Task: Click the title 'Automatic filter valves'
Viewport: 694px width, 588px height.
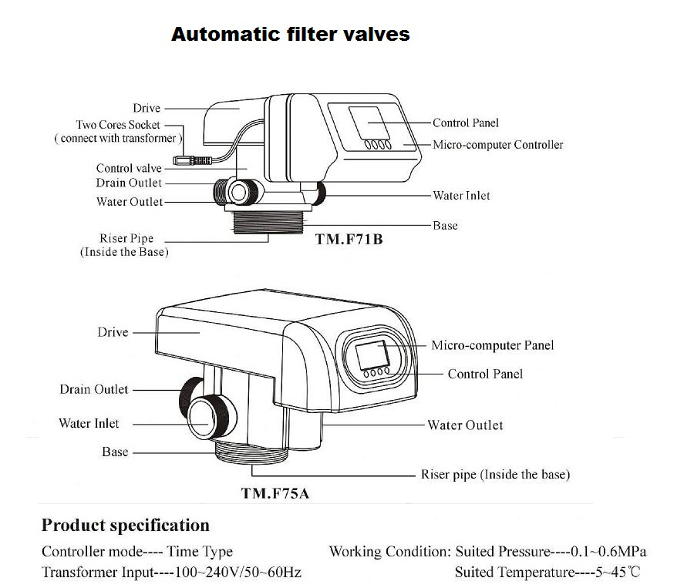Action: coord(290,35)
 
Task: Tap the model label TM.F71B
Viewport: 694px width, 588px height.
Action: coord(349,240)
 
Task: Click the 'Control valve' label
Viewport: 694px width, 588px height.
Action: coord(129,168)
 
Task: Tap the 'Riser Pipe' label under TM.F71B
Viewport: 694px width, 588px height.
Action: coord(124,239)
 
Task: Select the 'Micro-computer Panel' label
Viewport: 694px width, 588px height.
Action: coord(492,345)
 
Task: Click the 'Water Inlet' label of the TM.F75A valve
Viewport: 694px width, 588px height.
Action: coord(89,423)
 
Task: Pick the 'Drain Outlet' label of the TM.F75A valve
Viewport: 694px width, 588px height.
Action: coord(94,389)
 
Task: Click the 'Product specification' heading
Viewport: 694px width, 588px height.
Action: coord(125,526)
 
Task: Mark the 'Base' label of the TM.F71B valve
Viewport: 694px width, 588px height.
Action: coord(445,226)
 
